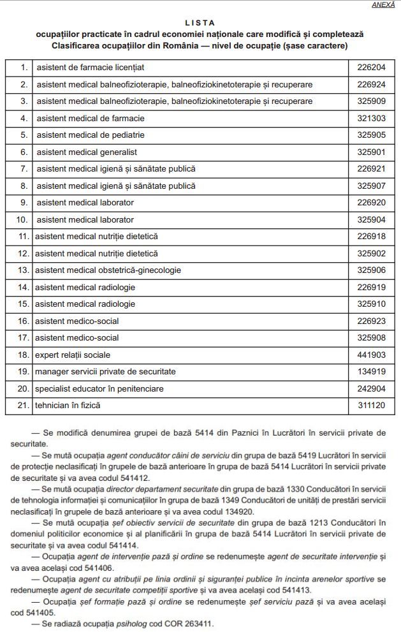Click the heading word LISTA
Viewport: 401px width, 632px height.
[x=200, y=22]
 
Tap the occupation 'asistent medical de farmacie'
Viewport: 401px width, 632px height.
[x=91, y=118]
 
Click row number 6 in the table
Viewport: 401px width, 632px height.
[x=24, y=152]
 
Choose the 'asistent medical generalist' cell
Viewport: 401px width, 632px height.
[x=87, y=152]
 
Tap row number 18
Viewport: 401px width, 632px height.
[x=24, y=354]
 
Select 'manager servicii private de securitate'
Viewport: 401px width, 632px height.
[x=105, y=371]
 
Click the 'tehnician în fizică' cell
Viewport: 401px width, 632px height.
[x=68, y=405]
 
